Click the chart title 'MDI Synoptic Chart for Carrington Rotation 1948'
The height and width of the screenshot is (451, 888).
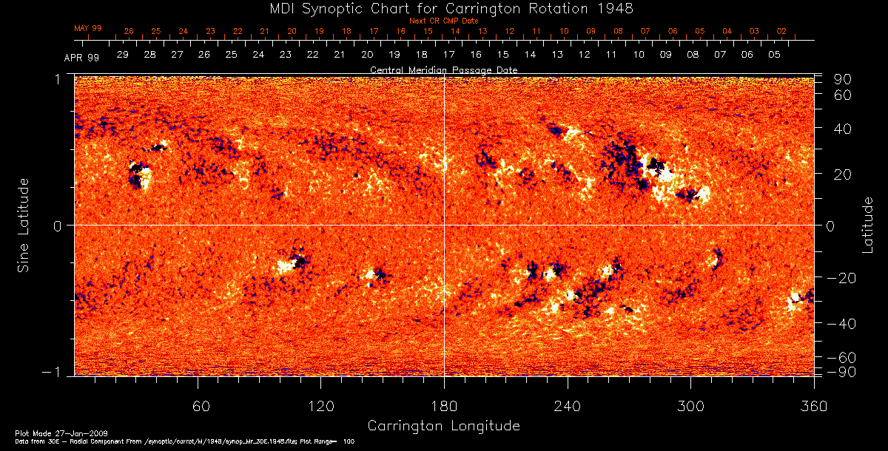(443, 8)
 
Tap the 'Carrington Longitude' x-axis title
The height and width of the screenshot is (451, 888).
(443, 426)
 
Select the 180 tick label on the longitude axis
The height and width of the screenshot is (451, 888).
(444, 407)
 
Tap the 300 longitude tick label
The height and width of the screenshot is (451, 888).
(690, 407)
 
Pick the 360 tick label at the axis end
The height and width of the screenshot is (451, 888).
(813, 407)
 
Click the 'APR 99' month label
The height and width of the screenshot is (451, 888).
(81, 57)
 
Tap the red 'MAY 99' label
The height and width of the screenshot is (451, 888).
(87, 28)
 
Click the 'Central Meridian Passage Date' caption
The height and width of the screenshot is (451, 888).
(443, 69)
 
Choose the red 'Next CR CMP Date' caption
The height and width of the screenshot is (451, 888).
(443, 21)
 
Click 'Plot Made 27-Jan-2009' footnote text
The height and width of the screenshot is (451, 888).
(47, 433)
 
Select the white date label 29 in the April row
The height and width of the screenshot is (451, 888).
(122, 55)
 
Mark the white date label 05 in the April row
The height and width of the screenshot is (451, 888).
(774, 55)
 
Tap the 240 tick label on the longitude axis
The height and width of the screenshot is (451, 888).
(567, 407)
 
